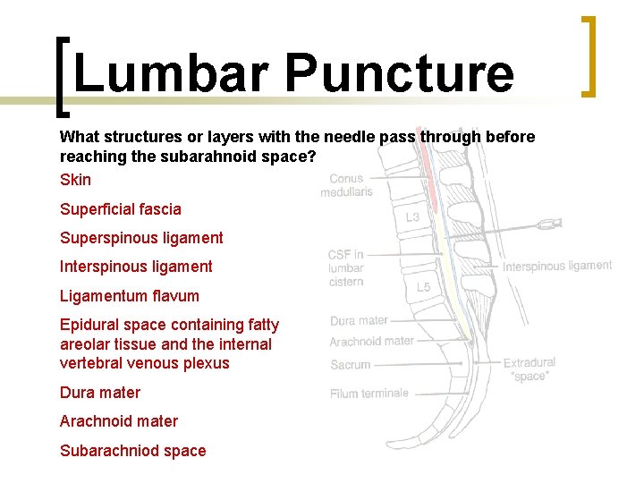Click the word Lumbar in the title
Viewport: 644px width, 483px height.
[169, 73]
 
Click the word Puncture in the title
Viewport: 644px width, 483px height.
[399, 73]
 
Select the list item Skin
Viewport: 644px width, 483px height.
[75, 180]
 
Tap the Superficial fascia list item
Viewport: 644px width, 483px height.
[120, 209]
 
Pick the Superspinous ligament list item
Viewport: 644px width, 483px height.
[141, 238]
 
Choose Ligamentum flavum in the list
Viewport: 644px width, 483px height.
[129, 296]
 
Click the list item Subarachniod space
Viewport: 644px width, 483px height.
[132, 451]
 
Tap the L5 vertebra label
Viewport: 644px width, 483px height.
[424, 287]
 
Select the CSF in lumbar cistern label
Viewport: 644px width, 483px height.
[345, 268]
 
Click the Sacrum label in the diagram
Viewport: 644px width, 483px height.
[351, 365]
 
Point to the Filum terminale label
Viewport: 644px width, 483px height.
[369, 394]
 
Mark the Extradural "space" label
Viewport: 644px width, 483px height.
[529, 369]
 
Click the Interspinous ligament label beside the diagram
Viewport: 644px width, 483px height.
[556, 266]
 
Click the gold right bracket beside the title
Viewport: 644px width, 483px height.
[588, 55]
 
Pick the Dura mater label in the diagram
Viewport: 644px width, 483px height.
[359, 320]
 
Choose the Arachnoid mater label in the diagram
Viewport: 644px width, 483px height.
[371, 341]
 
